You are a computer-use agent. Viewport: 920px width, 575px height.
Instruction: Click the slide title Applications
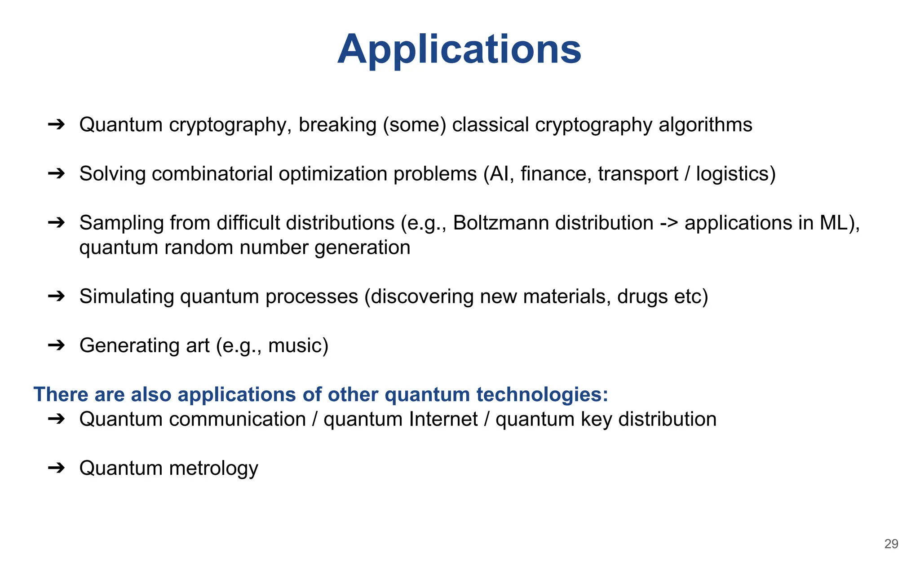459,49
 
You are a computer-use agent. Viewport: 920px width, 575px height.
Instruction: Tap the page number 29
891,544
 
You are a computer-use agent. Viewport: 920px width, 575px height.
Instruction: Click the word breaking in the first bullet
337,125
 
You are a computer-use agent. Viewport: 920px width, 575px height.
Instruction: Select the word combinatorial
212,174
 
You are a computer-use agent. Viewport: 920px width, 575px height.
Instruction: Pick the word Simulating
127,296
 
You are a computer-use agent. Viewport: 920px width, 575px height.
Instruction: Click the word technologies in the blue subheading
542,394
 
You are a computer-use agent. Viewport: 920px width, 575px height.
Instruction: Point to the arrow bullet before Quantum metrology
57,468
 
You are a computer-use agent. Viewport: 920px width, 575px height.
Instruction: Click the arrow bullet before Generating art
57,345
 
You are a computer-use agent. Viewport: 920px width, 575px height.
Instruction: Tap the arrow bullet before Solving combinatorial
57,174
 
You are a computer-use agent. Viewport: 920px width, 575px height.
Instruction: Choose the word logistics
733,174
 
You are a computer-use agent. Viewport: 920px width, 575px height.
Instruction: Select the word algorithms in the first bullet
705,125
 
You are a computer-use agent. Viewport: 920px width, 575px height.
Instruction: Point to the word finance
556,174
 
